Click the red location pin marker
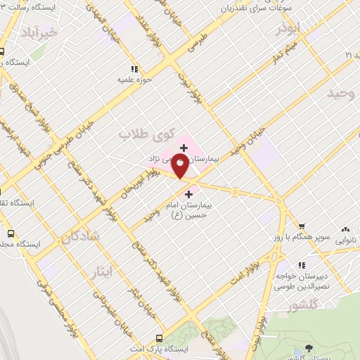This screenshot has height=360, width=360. [x=181, y=167]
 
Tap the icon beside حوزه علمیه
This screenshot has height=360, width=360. [x=134, y=69]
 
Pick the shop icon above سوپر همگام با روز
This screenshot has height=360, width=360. [x=301, y=226]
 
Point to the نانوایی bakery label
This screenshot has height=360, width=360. [x=345, y=240]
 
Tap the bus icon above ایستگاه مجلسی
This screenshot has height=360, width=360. [x=10, y=233]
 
